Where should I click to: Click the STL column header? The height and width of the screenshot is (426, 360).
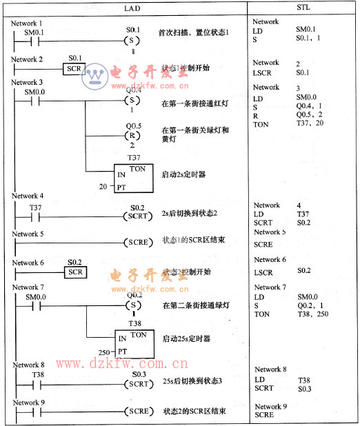(304, 9)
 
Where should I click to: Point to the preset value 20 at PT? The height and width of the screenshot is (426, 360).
(103, 187)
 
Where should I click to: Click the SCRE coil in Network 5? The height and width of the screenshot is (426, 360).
(138, 243)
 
